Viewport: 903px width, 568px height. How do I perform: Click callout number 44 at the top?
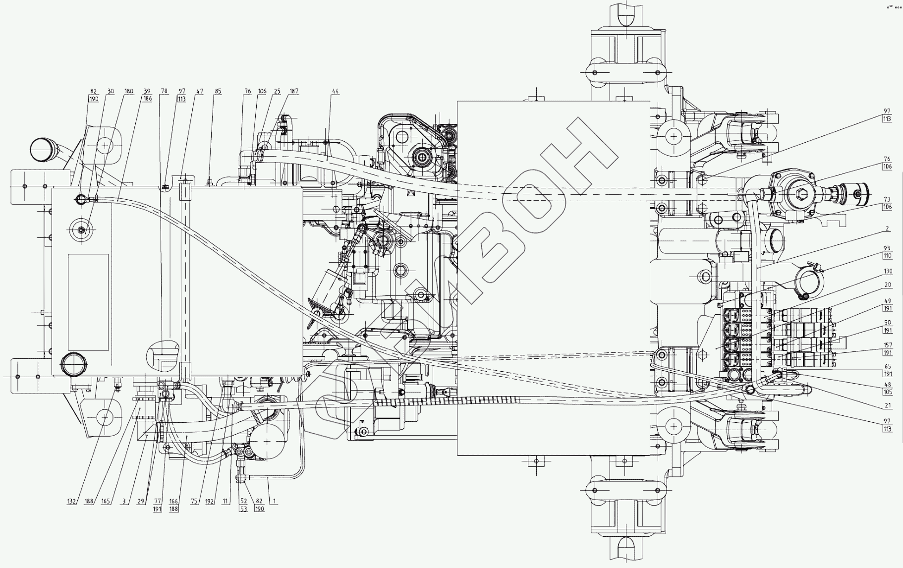tap(336, 92)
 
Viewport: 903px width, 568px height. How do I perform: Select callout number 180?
tap(129, 92)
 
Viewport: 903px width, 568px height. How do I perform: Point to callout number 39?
tap(147, 92)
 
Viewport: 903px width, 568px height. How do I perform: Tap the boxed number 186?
tap(147, 99)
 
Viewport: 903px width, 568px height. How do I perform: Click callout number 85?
tap(218, 92)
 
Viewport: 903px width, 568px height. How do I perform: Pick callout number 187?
tap(294, 92)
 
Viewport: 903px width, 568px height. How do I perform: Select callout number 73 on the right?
tap(887, 200)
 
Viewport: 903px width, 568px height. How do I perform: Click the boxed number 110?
tap(887, 256)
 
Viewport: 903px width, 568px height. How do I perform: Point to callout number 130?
tap(887, 272)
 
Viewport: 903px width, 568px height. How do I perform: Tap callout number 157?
tap(887, 345)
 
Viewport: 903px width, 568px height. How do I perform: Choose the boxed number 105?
tap(887, 392)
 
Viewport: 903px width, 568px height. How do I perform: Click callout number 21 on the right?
tap(888, 405)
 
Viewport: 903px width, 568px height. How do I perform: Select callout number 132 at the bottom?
tap(71, 502)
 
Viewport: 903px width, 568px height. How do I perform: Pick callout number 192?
tap(210, 502)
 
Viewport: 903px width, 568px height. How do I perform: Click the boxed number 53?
tap(243, 509)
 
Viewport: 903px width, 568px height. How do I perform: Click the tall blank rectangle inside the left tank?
tap(88, 302)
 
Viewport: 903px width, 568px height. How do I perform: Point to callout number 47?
tap(199, 92)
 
